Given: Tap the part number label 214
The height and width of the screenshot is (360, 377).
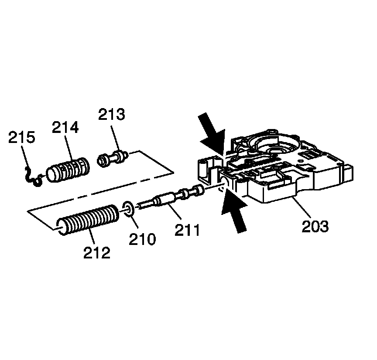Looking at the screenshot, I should [x=65, y=128].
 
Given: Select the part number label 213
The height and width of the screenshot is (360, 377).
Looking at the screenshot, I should [x=111, y=115].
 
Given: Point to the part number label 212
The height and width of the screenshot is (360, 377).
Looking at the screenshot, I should [x=97, y=252].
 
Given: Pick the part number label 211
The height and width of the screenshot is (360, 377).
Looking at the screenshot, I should [x=188, y=230].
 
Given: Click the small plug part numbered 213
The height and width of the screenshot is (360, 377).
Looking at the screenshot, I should [x=112, y=158].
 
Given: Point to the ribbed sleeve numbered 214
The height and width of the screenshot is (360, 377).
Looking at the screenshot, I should [x=68, y=170].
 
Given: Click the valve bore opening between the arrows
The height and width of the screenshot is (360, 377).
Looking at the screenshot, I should [x=224, y=183].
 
